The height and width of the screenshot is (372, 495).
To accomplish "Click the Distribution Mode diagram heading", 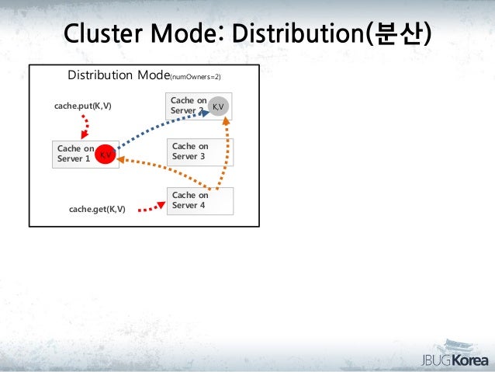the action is click(119, 76).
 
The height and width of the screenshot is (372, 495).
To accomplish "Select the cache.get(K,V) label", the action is click(97, 209).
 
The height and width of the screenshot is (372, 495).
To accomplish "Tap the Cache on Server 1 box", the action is click(75, 153).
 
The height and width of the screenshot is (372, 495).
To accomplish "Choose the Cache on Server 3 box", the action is click(199, 152).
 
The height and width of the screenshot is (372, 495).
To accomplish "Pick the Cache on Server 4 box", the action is click(199, 200).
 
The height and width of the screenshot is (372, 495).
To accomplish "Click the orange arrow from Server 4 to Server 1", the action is click(163, 172).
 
